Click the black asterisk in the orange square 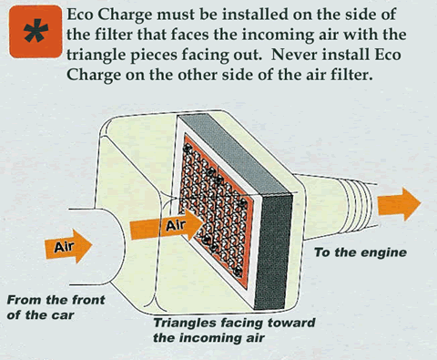tap(36, 31)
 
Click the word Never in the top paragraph tap(294, 55)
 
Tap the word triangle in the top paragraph tap(96, 56)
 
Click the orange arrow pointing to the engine tap(399, 204)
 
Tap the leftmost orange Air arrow tap(68, 246)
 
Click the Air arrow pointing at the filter tap(167, 225)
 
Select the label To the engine tap(361, 252)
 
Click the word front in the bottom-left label tap(88, 300)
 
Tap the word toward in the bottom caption tap(291, 323)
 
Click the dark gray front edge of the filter tap(272, 252)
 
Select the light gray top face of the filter tap(235, 154)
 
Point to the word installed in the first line tap(255, 15)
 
